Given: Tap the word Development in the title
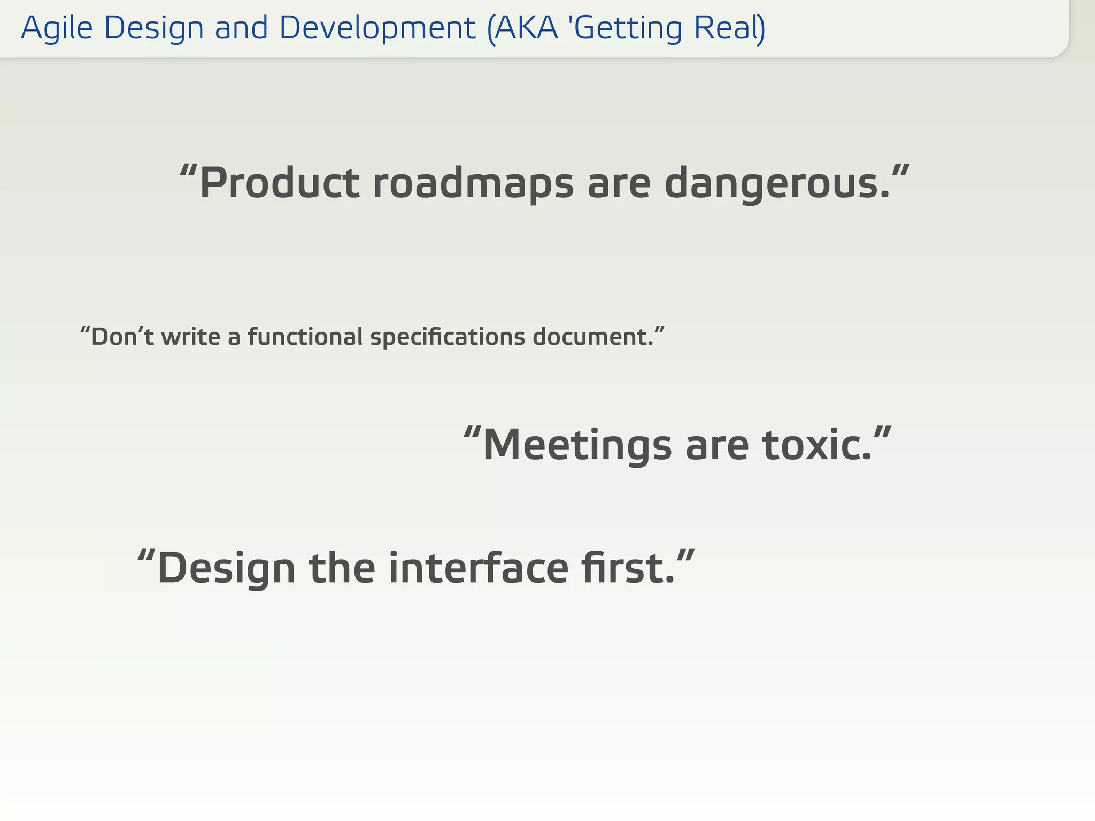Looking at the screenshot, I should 377,28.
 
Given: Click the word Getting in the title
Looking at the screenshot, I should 629,28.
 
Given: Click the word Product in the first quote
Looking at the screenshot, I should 279,183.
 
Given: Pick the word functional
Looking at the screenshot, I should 305,337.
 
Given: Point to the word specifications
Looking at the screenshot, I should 448,337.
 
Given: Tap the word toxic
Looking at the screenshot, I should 815,445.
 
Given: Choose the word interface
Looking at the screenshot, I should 479,568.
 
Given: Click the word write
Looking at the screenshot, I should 190,337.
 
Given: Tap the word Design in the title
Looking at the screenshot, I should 154,28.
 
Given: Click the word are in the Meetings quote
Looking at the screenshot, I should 717,445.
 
